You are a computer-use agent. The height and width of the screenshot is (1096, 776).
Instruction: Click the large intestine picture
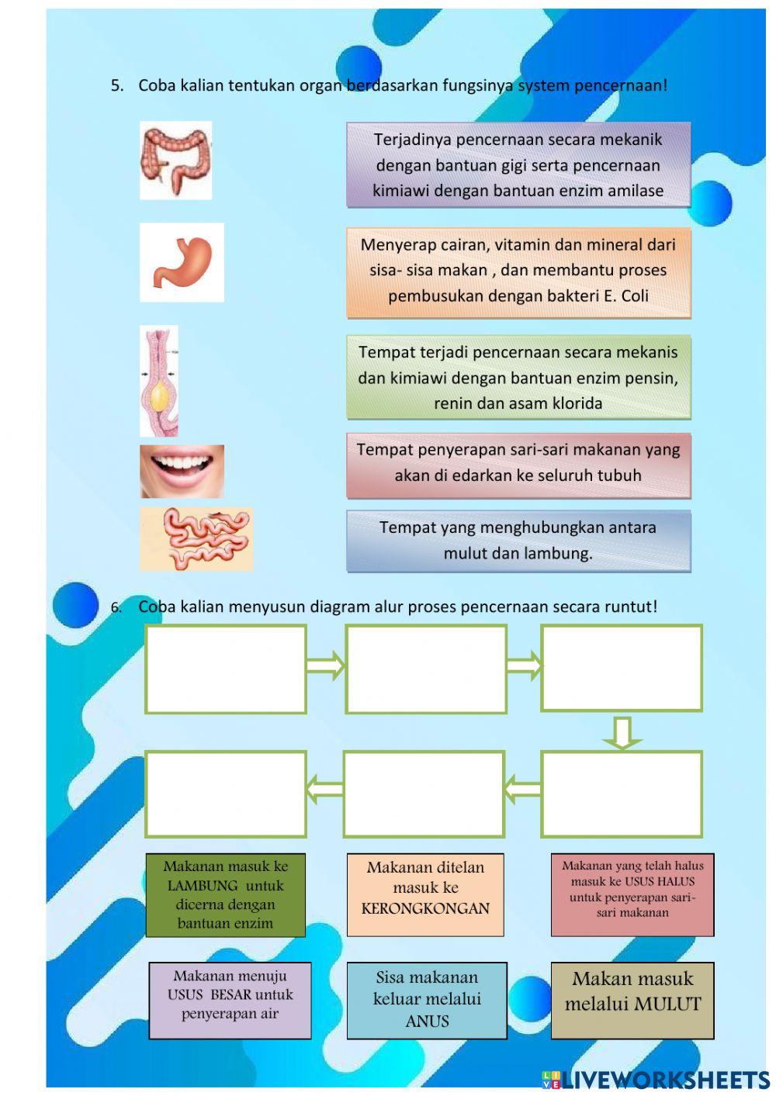click(x=175, y=161)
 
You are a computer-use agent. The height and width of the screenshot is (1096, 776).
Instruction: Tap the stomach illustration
click(x=182, y=262)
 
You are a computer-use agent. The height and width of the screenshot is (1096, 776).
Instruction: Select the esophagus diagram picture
click(x=159, y=381)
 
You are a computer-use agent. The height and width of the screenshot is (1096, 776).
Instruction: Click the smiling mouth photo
click(x=182, y=471)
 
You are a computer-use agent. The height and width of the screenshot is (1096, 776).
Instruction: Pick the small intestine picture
click(x=196, y=539)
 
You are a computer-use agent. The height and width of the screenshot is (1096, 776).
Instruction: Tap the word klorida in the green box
click(x=574, y=403)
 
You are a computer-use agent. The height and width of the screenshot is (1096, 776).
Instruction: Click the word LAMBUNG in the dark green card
click(x=203, y=886)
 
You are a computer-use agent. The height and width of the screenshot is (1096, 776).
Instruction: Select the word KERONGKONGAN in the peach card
click(x=425, y=908)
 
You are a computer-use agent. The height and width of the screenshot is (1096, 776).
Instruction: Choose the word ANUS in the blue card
click(x=427, y=1022)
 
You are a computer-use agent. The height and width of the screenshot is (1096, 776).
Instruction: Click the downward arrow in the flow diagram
click(x=622, y=732)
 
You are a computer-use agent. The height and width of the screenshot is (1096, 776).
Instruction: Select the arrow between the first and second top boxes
click(x=326, y=666)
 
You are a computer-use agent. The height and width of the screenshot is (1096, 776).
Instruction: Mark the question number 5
click(x=117, y=86)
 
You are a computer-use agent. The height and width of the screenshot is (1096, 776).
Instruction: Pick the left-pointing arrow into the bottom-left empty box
click(x=324, y=790)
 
